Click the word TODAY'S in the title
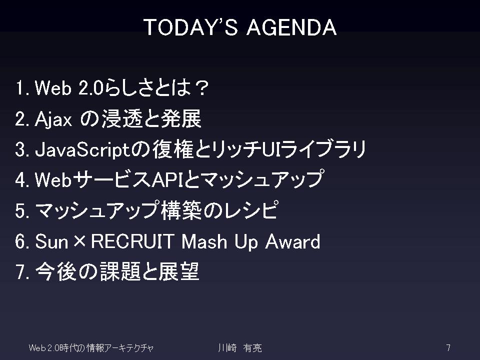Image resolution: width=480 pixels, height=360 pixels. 190,27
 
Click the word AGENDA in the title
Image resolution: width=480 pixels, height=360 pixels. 291,27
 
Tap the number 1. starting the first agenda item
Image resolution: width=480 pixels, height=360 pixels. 22,88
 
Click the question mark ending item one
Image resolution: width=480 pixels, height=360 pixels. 201,88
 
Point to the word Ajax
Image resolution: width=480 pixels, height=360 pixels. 53,119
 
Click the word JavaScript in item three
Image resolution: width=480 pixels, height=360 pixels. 83,150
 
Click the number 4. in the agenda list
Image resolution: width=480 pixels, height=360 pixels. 22,179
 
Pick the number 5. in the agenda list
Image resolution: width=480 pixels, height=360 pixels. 22,210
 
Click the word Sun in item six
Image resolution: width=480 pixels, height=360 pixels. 51,241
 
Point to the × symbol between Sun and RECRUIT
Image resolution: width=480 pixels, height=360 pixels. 79,241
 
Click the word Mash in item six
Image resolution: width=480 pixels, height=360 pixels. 204,241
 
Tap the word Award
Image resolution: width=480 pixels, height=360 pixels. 292,241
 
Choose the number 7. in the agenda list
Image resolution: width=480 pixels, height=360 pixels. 22,272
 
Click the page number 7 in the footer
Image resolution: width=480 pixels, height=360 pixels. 448,348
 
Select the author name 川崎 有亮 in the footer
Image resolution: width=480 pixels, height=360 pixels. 240,348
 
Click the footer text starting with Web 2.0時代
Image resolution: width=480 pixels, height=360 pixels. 91,348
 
